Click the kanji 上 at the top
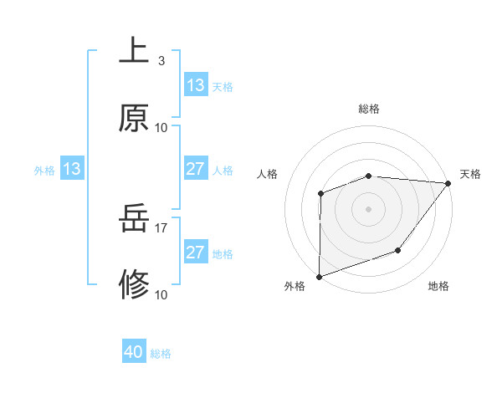[134, 50]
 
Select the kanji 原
[134, 118]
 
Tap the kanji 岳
[134, 220]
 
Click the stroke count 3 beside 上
[161, 61]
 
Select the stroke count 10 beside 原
[161, 128]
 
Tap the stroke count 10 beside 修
[161, 294]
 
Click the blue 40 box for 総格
[134, 352]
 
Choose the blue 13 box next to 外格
[72, 170]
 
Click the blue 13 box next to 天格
[196, 85]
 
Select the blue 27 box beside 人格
[196, 169]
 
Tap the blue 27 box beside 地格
[196, 253]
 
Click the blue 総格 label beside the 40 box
[161, 354]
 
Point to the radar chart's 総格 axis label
[368, 109]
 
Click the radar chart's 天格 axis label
[471, 174]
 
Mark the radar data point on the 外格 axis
[320, 276]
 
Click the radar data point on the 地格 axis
[398, 250]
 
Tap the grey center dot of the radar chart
[368, 209]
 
